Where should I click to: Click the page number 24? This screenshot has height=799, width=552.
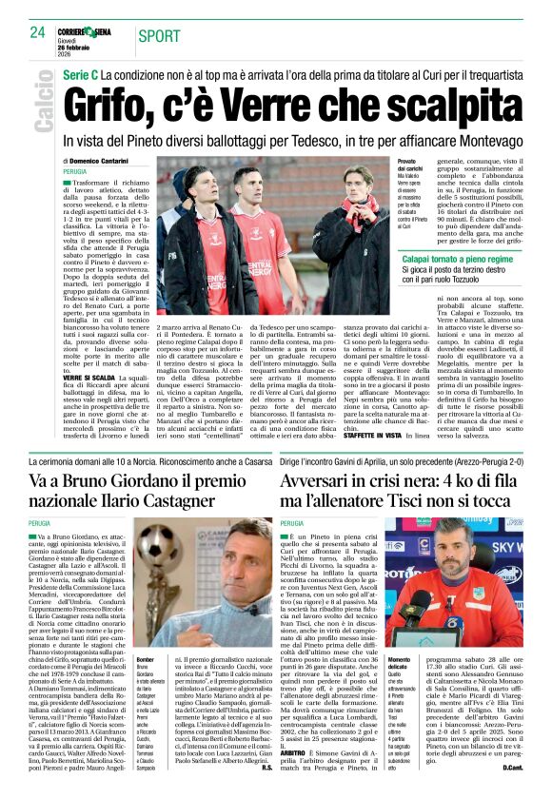pos(37,32)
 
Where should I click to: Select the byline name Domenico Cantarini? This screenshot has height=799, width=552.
pos(100,163)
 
